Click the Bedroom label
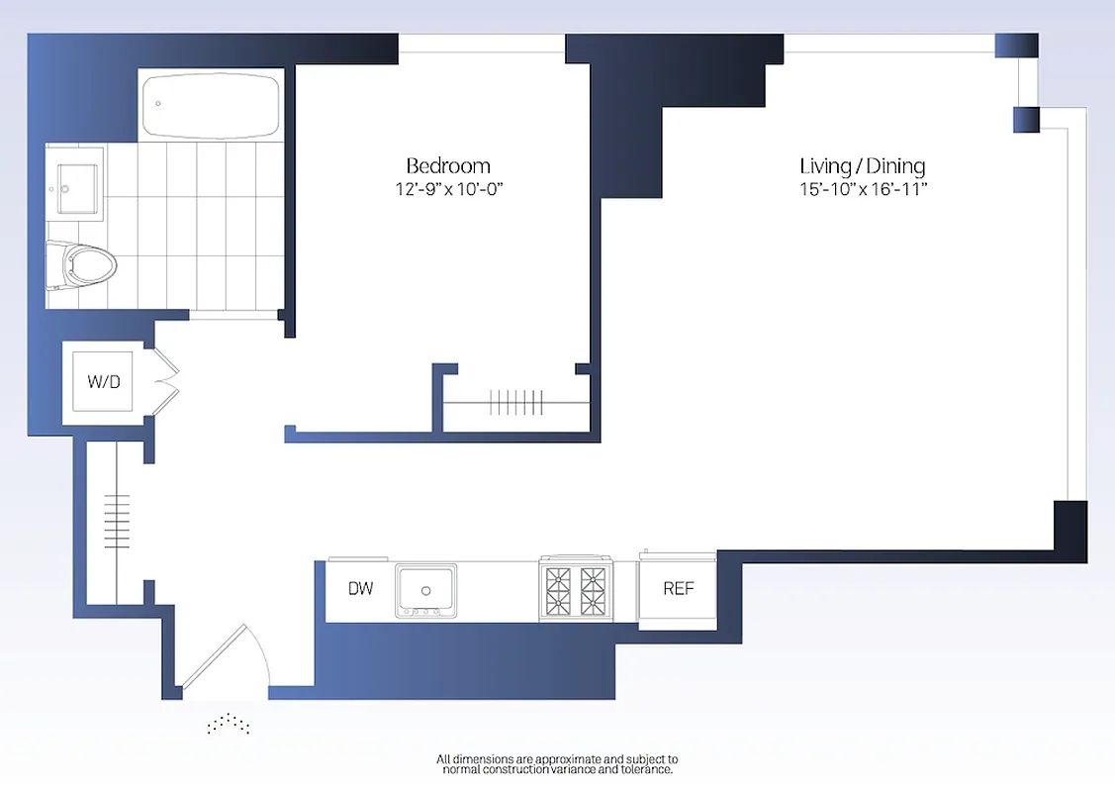tap(448, 165)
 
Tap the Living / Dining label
tap(862, 165)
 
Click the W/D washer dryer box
tap(104, 382)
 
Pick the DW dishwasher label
tap(361, 589)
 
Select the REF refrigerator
tap(678, 589)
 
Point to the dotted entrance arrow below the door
tap(228, 725)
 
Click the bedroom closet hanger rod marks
tap(515, 402)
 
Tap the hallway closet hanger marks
tap(117, 521)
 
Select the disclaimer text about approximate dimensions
tap(557, 763)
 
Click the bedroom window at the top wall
tap(481, 45)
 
